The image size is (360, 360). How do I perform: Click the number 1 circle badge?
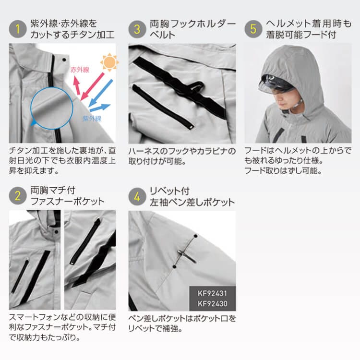pos(18,29)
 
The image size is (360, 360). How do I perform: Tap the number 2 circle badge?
pos(18,196)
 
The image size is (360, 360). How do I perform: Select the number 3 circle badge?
pos(137,29)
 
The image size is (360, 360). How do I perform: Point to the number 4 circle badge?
pos(137,196)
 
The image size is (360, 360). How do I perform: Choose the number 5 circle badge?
pos(253,29)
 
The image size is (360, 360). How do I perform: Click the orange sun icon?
pos(109,61)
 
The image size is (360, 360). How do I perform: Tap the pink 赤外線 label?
pos(80,70)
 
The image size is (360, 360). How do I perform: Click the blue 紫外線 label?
pos(92,119)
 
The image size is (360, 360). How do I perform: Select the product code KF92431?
pos(212,293)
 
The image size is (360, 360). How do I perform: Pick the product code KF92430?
pos(212,303)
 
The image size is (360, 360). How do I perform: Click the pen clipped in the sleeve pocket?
pos(187,256)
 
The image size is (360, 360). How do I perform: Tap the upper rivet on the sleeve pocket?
pos(195,236)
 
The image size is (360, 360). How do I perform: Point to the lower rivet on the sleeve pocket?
pos(174,267)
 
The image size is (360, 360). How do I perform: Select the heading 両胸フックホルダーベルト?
pos(192,29)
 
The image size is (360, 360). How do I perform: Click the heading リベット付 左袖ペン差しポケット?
pos(192,196)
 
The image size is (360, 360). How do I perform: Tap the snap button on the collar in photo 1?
pos(64,60)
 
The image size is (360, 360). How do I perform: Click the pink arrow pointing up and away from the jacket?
pos(77,85)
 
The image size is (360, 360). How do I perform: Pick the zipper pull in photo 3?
pos(191,127)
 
